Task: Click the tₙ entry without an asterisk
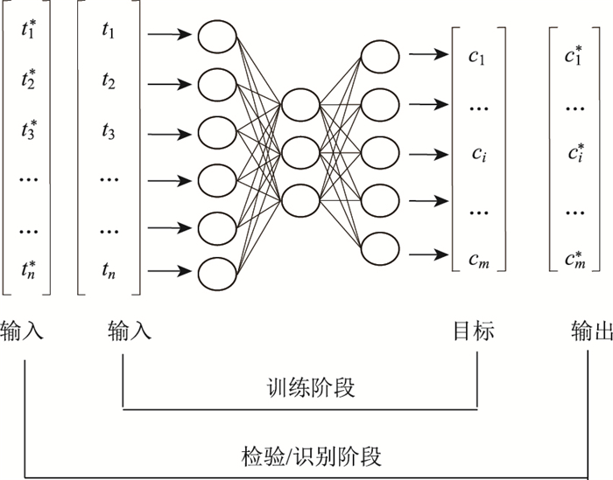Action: [109, 268]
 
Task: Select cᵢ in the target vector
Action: [476, 155]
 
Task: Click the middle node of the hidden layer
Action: [299, 150]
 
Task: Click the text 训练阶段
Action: [299, 386]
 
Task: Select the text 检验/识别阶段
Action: [312, 456]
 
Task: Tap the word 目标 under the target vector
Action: [474, 331]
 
